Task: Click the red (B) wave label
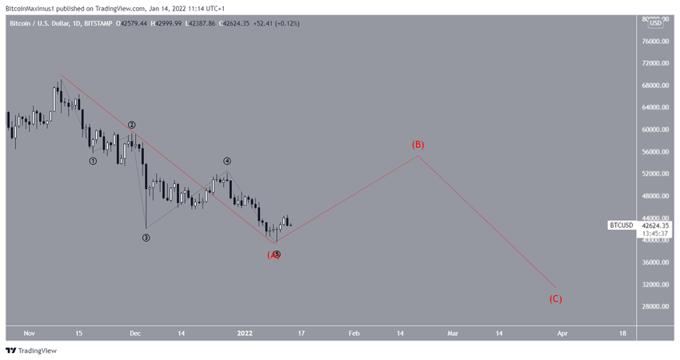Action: tap(418, 145)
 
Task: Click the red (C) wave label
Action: tap(555, 299)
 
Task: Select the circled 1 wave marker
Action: tap(93, 161)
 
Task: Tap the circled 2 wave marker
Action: tap(132, 125)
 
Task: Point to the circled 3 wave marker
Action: tap(146, 238)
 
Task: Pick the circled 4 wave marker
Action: tap(227, 161)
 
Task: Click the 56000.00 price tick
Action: tap(655, 152)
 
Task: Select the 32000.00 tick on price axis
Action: tap(655, 285)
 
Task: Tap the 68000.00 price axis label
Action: tap(655, 86)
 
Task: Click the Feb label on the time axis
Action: tap(354, 334)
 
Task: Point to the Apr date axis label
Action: tap(562, 334)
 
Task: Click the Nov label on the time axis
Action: tap(30, 334)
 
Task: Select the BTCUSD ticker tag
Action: tap(622, 226)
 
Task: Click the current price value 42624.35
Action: tap(655, 226)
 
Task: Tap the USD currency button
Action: tap(655, 23)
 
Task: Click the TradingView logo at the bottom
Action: tap(31, 350)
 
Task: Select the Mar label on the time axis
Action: tap(453, 334)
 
